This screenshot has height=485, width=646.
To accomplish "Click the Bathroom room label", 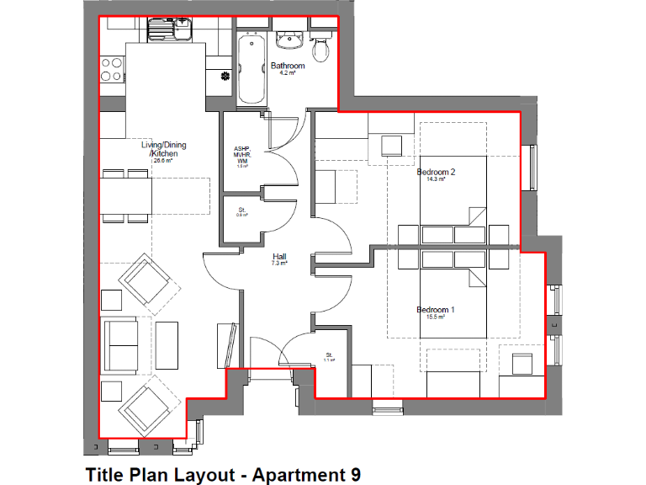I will pos(288,66).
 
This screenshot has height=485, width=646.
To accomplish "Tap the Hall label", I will pos(279,256).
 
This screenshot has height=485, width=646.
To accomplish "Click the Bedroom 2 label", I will pos(436,173).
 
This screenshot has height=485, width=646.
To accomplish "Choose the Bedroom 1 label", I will pos(436,310).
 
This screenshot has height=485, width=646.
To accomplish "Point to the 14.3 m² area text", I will pos(435,180).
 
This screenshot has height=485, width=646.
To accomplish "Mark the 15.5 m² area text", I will pos(435,317).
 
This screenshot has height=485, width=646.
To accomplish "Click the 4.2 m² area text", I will pos(287,73).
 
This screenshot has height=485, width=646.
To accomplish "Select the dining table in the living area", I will pos(126,195).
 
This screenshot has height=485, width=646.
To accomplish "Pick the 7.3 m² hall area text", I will pos(279,264).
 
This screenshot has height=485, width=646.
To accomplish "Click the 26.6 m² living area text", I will pos(162,160).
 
